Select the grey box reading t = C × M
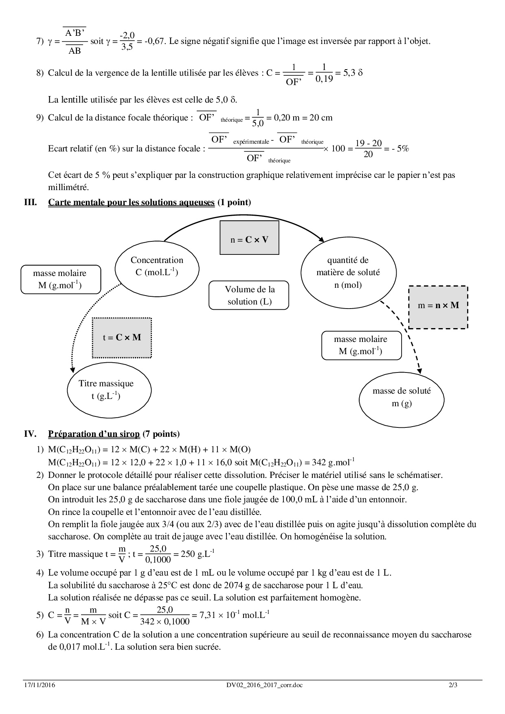point(122,337)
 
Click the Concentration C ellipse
point(157,266)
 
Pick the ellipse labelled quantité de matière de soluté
point(348,272)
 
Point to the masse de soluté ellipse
point(401,397)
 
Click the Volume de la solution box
point(249,295)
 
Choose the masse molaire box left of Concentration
point(60,279)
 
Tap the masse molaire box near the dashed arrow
point(361,345)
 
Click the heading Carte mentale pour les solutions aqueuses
point(131,202)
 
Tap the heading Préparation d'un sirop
point(94,434)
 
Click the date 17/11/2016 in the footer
point(39,685)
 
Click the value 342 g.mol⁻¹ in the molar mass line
point(333,462)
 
